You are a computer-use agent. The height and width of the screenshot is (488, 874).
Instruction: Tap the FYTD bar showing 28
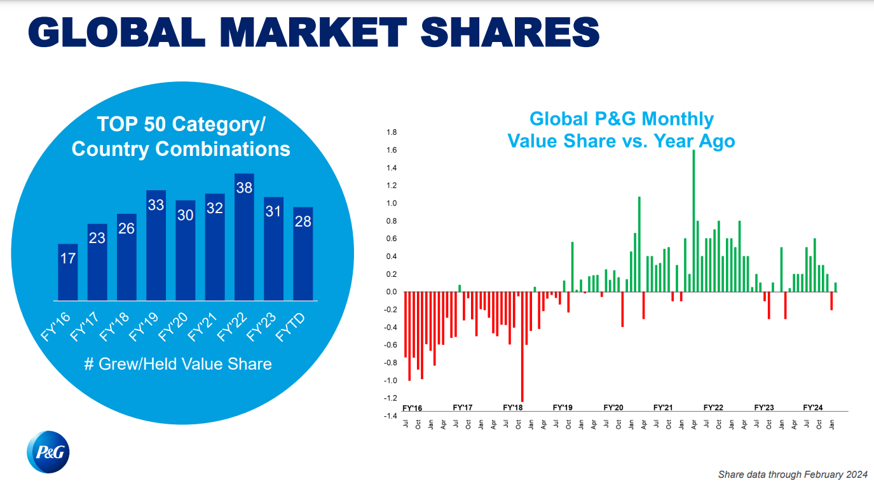[x=303, y=254]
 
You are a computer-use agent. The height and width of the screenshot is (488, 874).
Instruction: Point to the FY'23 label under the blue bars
[x=263, y=326]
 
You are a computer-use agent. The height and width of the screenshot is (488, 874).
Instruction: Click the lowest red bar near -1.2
[x=522, y=347]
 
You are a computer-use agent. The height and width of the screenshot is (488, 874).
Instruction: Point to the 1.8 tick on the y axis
[x=392, y=132]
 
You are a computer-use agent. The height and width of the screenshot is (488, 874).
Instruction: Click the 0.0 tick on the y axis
[x=392, y=292]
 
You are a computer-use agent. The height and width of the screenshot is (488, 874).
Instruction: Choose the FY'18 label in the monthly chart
[x=512, y=407]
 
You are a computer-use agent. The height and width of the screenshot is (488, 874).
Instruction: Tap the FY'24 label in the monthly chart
[x=813, y=407]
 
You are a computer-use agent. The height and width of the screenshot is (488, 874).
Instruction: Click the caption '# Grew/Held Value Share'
[x=178, y=364]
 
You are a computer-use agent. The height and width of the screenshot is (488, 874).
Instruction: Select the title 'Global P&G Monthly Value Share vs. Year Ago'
[x=621, y=130]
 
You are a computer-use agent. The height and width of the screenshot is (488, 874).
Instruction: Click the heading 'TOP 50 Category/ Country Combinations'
[x=181, y=136]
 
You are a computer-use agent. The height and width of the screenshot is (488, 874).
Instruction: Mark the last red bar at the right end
[x=831, y=301]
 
